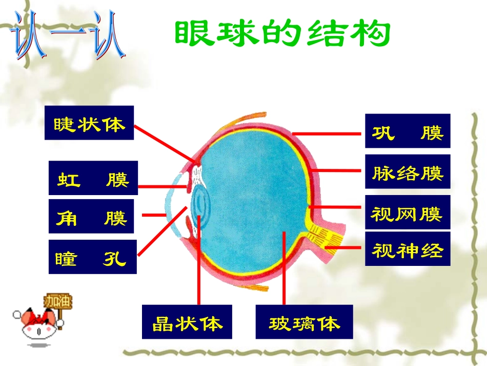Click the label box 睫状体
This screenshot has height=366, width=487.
point(89,123)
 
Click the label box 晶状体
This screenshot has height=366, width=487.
point(187,322)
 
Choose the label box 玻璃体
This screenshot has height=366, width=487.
point(304,322)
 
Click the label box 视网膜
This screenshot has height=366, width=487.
point(407,211)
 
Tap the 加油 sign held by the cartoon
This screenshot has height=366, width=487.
point(58,301)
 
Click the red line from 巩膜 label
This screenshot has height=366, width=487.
point(328,132)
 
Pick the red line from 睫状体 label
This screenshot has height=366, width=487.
point(164,144)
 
